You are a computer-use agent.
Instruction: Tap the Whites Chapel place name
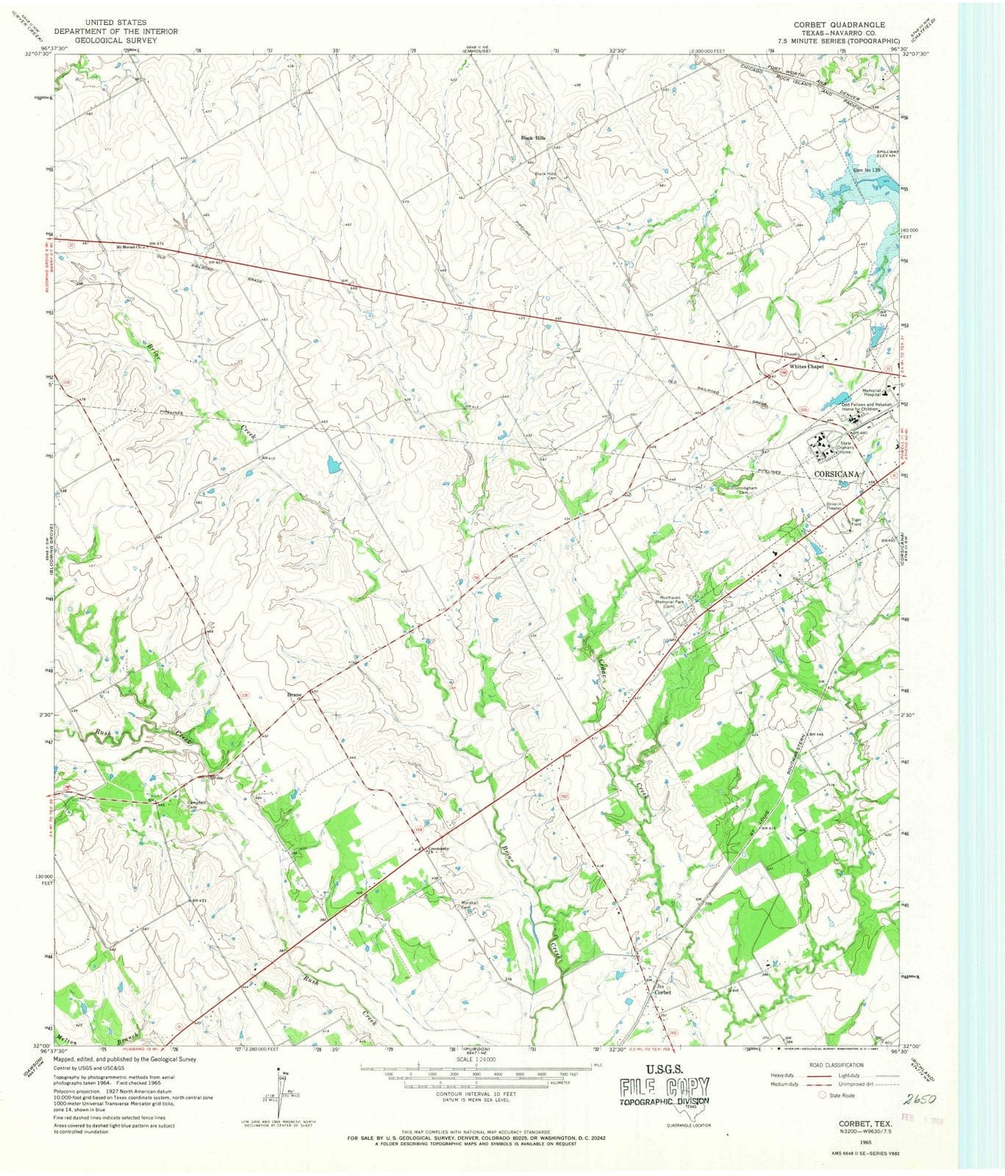[x=806, y=366]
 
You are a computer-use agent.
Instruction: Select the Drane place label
[x=294, y=695]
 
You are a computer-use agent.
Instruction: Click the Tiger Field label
[x=856, y=522]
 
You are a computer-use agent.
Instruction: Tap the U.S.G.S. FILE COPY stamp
[x=664, y=1084]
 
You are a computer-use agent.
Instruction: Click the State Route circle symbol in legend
[x=823, y=1094]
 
